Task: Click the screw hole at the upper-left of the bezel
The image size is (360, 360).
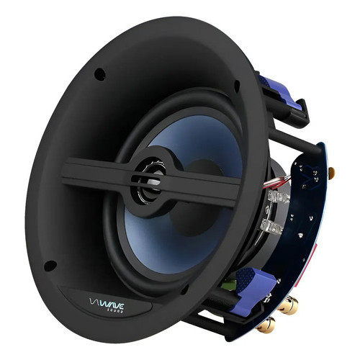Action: (99, 74)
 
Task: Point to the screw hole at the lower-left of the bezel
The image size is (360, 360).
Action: (50, 266)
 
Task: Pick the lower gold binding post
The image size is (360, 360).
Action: (266, 325)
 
